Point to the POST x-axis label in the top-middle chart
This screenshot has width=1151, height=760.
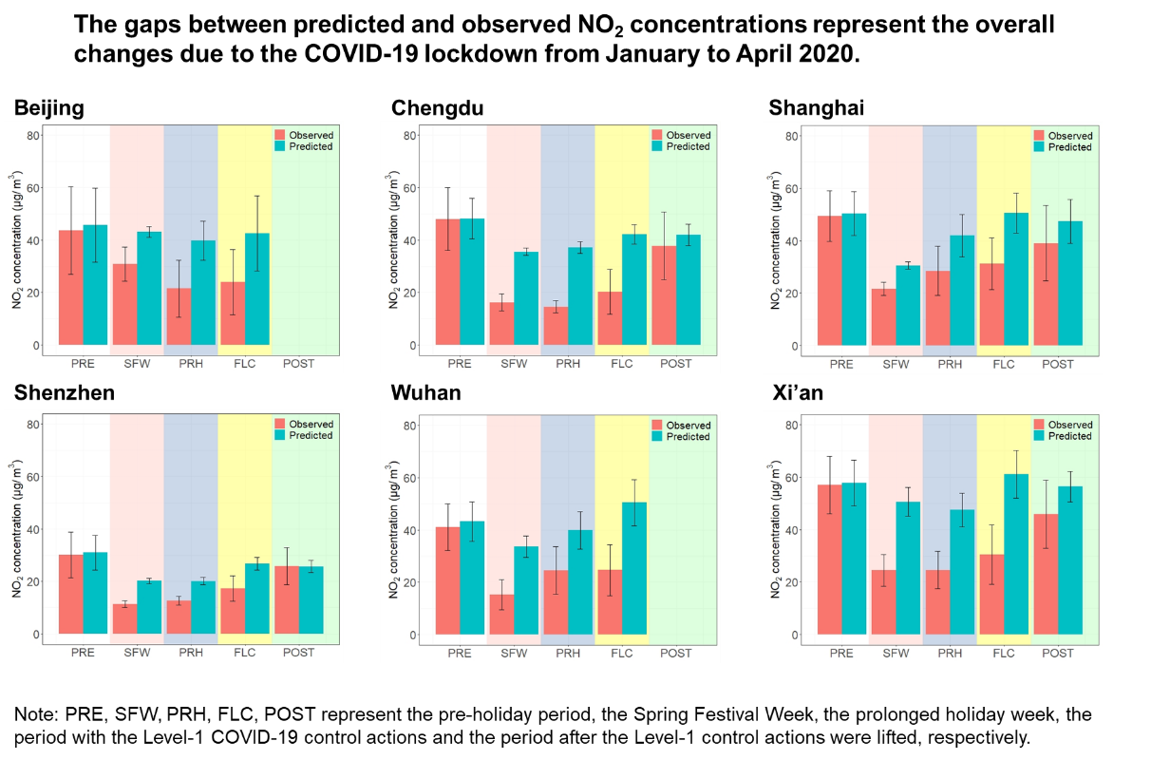click(x=676, y=364)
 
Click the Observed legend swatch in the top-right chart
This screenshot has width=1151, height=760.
click(x=1039, y=136)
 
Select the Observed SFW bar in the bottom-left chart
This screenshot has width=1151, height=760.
click(x=124, y=618)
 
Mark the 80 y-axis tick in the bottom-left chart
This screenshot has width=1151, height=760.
click(x=33, y=424)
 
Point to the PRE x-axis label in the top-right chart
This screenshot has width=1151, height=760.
click(x=841, y=364)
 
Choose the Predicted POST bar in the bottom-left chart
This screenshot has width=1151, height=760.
click(x=311, y=599)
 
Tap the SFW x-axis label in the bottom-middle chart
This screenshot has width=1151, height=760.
click(x=514, y=654)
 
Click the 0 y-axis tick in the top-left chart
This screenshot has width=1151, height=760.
click(x=37, y=345)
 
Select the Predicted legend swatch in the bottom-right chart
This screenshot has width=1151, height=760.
click(x=1039, y=436)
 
